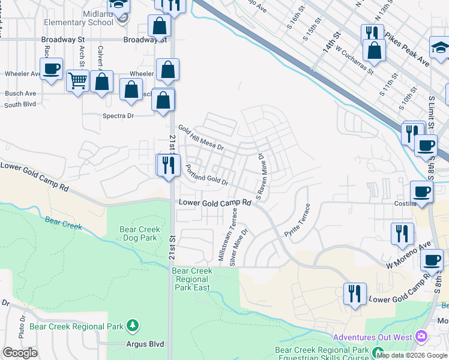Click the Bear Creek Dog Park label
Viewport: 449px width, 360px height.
tap(131, 233)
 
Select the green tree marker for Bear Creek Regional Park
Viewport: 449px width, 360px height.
tap(133, 326)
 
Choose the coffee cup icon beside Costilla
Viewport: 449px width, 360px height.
tap(421, 193)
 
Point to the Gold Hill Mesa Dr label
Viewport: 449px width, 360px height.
tap(200, 138)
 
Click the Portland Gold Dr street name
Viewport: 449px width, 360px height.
tap(207, 174)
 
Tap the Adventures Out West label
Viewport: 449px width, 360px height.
tap(372, 337)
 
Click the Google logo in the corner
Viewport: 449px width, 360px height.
tap(20, 353)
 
